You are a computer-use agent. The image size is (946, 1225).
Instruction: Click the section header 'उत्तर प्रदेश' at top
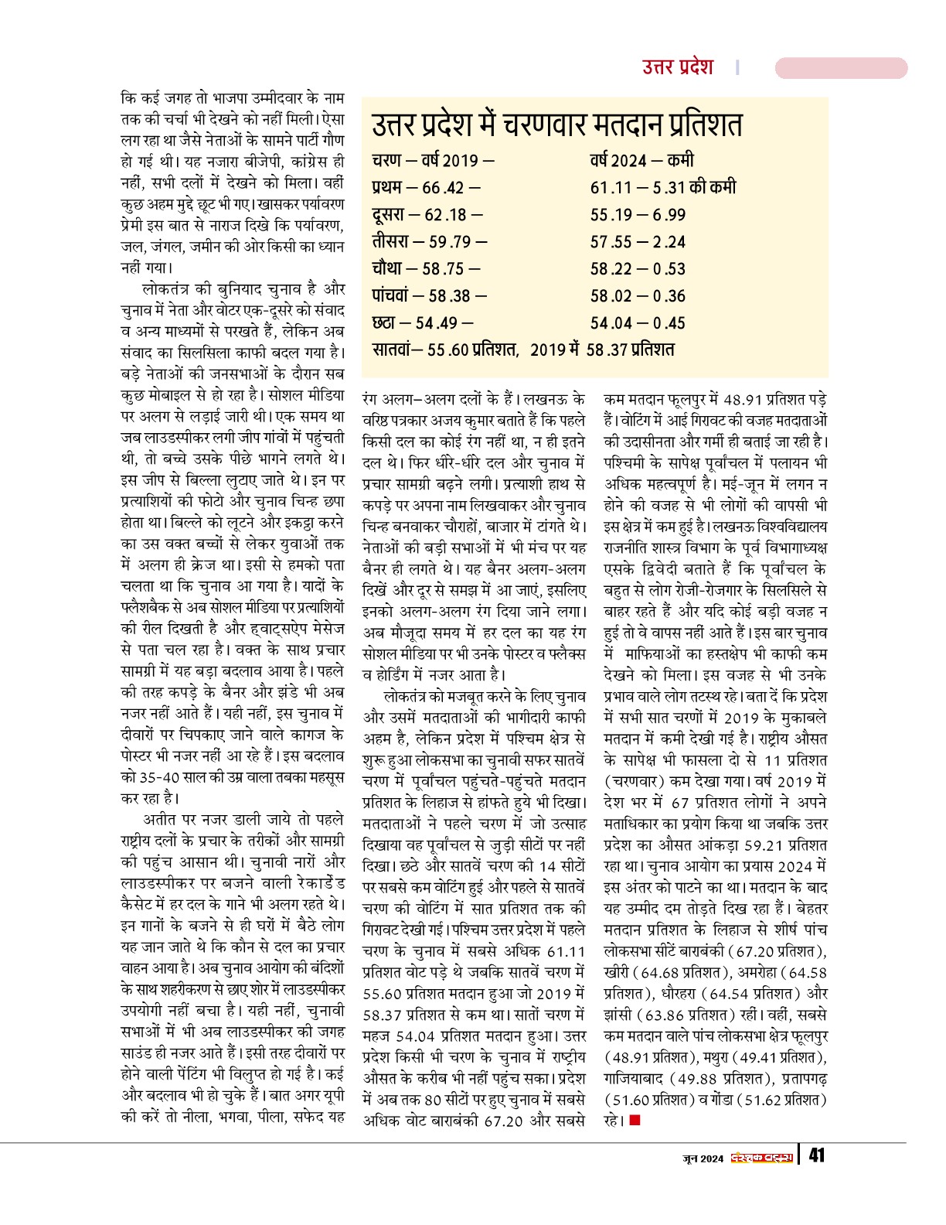point(678,67)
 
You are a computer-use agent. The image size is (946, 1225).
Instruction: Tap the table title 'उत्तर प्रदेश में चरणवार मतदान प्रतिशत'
point(556,126)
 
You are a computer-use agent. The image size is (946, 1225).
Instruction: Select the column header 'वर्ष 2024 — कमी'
point(641,161)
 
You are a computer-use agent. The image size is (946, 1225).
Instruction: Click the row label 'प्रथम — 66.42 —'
point(426,188)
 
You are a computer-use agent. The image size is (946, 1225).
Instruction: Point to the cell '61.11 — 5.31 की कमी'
point(662,188)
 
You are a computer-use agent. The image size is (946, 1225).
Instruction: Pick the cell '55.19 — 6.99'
point(638,215)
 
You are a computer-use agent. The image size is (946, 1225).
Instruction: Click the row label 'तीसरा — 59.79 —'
point(429,242)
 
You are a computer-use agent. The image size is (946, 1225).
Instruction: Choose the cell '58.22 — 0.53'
point(638,269)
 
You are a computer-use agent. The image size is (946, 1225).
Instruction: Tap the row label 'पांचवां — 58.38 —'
point(429,296)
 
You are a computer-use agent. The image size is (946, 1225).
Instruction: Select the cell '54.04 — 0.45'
point(638,323)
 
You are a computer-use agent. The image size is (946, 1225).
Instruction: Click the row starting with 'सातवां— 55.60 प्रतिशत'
point(523,350)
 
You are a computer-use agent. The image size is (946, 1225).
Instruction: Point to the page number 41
point(816,1156)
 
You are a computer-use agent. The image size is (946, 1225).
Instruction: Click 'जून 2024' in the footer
point(703,1158)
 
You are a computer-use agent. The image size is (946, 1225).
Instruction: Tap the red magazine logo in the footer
point(763,1157)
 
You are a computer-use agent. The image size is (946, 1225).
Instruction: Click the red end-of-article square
point(635,1119)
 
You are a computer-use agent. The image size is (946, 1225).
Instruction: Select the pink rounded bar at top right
point(841,68)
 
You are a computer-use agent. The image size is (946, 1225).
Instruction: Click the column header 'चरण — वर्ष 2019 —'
point(433,161)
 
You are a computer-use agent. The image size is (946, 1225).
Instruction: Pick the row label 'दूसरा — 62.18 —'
point(427,215)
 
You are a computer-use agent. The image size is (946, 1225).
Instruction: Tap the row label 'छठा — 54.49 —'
point(422,323)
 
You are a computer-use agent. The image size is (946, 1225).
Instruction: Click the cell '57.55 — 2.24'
point(638,242)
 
